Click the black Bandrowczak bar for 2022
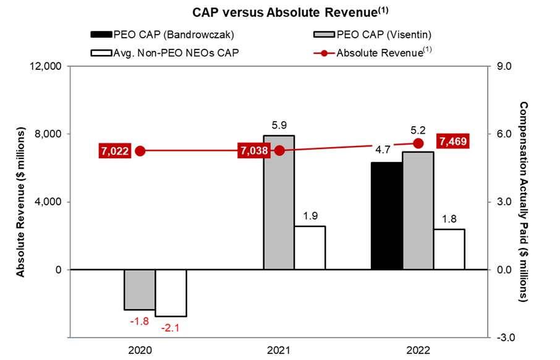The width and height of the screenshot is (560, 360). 386,216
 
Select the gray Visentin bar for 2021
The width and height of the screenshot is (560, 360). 279,202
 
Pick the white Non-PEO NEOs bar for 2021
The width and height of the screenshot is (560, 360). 310,247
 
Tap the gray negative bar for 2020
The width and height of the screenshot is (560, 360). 140,289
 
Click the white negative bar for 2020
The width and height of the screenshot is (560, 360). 171,293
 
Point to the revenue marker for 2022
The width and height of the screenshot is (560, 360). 418,143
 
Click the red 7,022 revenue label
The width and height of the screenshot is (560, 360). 114,151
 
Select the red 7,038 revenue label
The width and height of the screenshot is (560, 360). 253,151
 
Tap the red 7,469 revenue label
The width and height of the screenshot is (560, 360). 452,142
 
